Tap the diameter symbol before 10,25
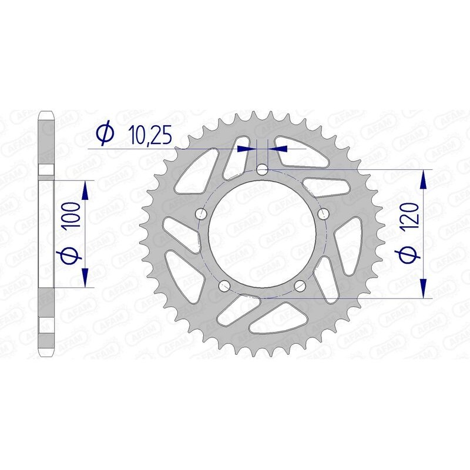point(104,135)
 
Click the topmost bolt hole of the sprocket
point(262,170)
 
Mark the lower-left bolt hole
point(224,286)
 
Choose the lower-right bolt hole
point(300,286)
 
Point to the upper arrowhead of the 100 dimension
point(86,187)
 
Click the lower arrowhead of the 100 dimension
point(86,279)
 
